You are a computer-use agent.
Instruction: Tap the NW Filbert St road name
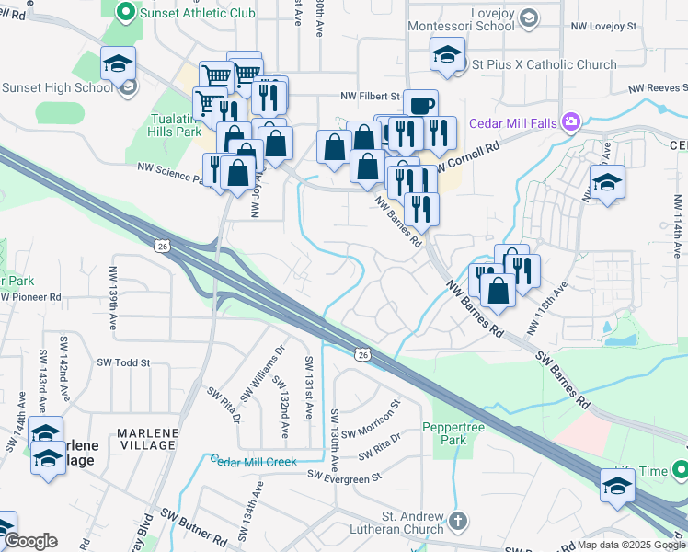pyautogui.click(x=370, y=96)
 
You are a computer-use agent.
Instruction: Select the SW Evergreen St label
pyautogui.click(x=344, y=477)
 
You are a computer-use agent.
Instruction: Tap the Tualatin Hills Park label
pyautogui.click(x=175, y=125)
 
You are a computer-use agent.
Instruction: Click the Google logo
pyautogui.click(x=30, y=541)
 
